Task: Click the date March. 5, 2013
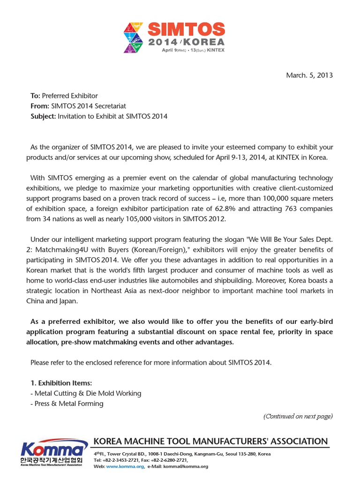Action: (309, 75)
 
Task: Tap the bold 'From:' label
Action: (39, 106)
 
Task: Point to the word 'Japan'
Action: (65, 301)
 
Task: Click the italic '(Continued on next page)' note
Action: (298, 416)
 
